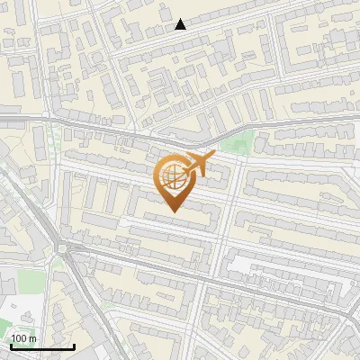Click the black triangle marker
(x=181, y=24)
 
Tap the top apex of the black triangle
(x=181, y=19)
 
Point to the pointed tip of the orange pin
(x=173, y=212)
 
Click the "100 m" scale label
(x=23, y=338)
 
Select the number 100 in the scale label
(x=19, y=338)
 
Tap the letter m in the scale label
(x=32, y=338)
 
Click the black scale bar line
(x=41, y=346)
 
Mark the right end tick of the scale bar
(x=74, y=345)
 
